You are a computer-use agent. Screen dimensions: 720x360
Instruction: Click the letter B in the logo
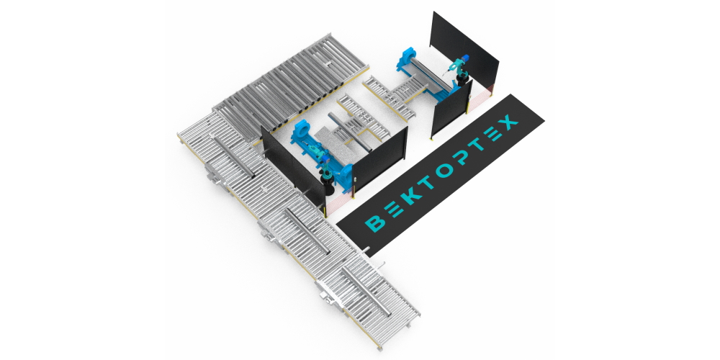377,223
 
